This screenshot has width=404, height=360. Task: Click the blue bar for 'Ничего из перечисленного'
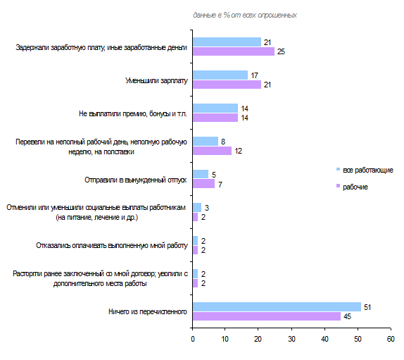point(277,307)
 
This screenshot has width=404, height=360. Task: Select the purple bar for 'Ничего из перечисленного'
point(267,316)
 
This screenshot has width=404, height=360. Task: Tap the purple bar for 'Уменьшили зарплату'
point(227,85)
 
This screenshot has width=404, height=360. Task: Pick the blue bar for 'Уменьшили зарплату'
point(220,75)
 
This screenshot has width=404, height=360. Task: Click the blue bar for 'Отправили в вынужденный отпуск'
point(201,174)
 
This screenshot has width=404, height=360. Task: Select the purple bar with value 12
point(212,151)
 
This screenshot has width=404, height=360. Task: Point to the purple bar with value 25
point(234,51)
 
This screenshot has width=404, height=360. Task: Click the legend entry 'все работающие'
point(365,170)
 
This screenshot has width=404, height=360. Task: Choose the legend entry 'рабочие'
point(352,187)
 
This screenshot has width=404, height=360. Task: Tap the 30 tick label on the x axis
point(291,339)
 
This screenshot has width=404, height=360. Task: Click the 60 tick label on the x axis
point(391,339)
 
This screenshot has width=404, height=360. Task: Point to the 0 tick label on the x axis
point(193,339)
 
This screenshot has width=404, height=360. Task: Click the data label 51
point(367,307)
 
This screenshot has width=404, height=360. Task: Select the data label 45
point(347,316)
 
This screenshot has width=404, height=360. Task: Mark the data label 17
point(254,75)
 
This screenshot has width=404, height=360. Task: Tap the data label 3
point(207,208)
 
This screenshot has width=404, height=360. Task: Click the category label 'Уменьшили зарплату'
point(156,81)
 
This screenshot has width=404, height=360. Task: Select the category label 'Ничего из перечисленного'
point(148,312)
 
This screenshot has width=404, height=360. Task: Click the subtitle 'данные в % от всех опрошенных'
point(245,15)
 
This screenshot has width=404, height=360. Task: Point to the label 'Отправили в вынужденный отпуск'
point(136,180)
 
